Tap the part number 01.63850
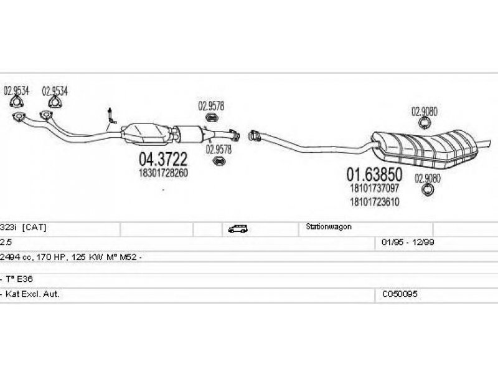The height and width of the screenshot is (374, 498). pos(374,173)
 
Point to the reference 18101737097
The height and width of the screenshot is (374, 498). pos(374,188)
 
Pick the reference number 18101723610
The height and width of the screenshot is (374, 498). pos(374,202)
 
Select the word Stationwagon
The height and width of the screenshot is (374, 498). pos(328,228)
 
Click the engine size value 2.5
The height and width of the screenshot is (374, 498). pos(6,242)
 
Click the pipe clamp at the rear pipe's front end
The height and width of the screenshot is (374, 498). pos(254,135)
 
